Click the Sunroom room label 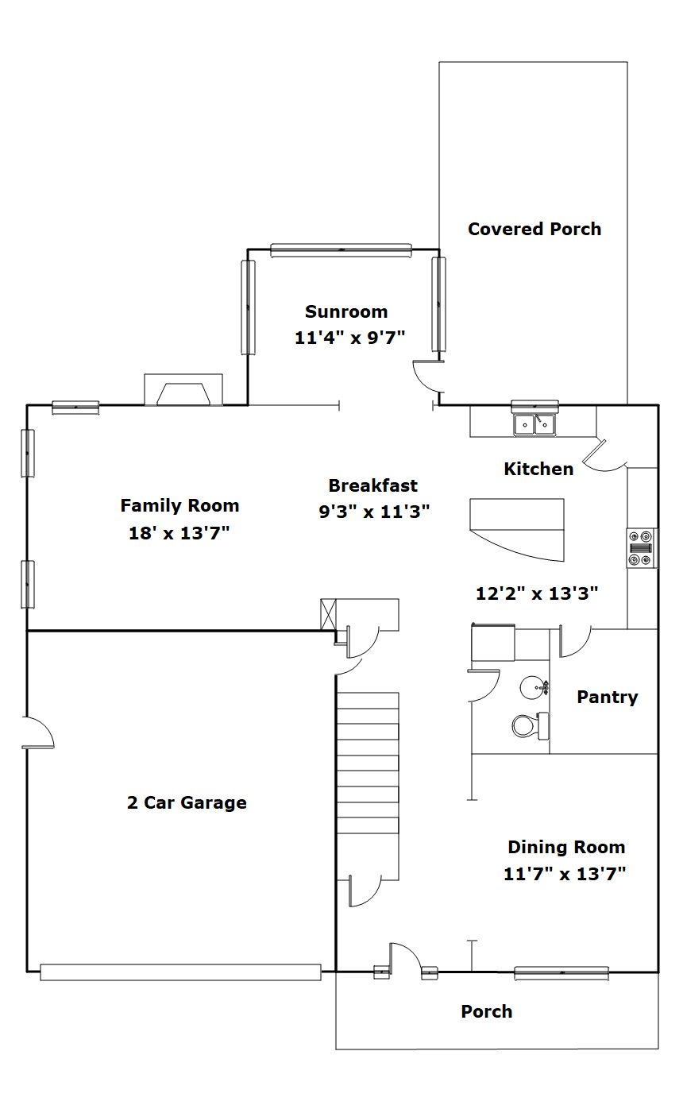coord(346,311)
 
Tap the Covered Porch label coord(534,229)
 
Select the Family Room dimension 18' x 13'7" coord(179,533)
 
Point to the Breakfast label coord(373,485)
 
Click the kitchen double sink coord(534,425)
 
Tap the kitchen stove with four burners coord(641,548)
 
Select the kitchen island coord(517,530)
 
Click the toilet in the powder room coord(531,726)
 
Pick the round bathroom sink coord(534,688)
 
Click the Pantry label coord(607,698)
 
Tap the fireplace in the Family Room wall coord(183,389)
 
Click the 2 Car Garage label coord(187,803)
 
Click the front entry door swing coord(406,957)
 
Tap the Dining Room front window coord(561,973)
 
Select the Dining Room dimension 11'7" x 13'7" coord(565,874)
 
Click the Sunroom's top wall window coord(341,250)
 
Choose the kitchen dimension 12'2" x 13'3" coord(537,593)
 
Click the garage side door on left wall coord(38,732)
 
